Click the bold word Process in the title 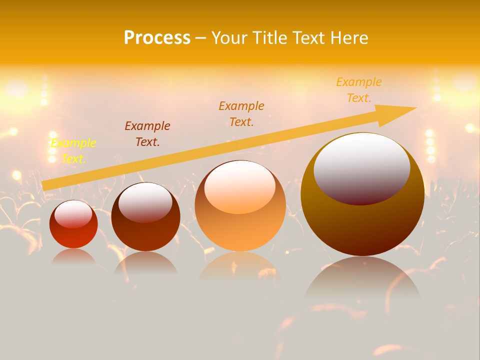tap(157, 38)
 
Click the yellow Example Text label tap(73, 151)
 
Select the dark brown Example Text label tap(147, 134)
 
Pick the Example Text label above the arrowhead tap(359, 90)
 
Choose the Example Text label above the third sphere tap(241, 113)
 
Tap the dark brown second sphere tap(145, 232)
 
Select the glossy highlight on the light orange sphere tap(239, 186)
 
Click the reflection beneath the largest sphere tap(363, 280)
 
